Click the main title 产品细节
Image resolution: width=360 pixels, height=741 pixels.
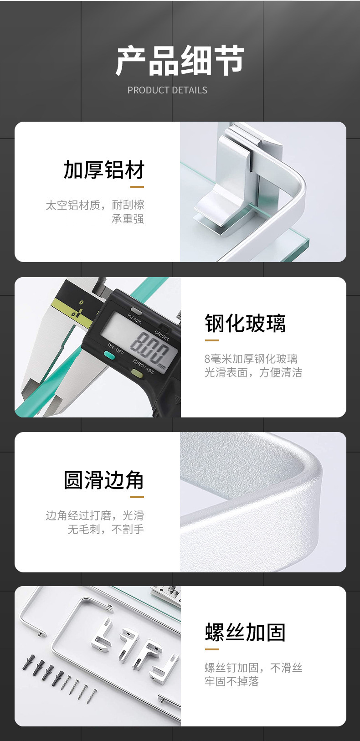tap(180, 61)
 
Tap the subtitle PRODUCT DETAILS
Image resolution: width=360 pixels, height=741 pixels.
tap(167, 90)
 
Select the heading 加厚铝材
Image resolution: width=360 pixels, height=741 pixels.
tap(104, 170)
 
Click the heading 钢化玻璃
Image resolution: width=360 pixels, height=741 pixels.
tap(245, 323)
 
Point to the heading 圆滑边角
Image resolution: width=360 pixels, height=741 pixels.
tap(104, 480)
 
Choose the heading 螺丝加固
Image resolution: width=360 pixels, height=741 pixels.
tap(245, 632)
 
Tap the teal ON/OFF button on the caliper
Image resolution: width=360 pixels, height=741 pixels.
tap(109, 356)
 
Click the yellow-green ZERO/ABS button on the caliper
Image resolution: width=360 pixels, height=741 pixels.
tap(136, 374)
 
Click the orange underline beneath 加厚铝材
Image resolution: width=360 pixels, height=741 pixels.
tap(137, 187)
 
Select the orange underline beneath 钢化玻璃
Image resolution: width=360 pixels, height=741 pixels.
tap(212, 340)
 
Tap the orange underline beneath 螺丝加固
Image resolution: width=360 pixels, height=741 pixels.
tap(212, 649)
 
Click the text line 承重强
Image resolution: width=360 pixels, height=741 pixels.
tap(128, 219)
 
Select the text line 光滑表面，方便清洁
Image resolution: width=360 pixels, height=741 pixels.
tap(253, 372)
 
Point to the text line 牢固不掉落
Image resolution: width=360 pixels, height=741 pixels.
tap(231, 681)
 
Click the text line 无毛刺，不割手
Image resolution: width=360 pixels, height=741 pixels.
tap(106, 529)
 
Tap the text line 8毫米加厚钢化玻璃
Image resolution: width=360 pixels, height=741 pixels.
tap(251, 359)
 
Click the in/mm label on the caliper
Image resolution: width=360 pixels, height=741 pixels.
tap(134, 319)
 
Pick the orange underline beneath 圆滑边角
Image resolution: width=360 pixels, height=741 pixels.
tap(137, 497)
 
